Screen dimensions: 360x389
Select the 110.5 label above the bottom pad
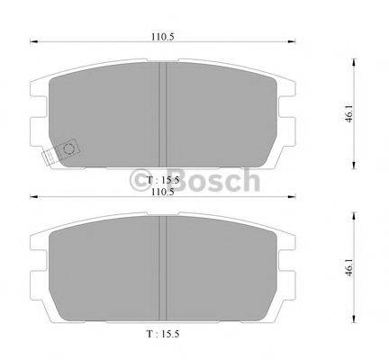tap(162, 193)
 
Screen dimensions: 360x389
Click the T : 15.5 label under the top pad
tap(162, 181)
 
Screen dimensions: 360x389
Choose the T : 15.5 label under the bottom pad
tap(162, 335)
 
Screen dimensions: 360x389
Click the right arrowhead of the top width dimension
tap(292, 41)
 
